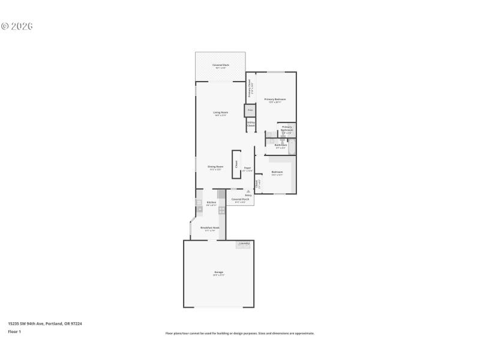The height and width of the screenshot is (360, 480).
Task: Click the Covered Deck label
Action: click(x=220, y=66)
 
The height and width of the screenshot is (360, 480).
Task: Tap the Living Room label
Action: click(x=220, y=113)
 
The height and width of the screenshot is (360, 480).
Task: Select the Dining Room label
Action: click(x=215, y=168)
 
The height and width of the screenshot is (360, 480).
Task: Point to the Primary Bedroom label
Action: click(x=275, y=100)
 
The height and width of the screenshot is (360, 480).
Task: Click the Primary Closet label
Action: click(x=250, y=88)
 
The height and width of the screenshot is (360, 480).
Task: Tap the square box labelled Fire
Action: click(x=250, y=110)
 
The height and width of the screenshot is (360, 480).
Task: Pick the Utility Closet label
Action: click(x=251, y=124)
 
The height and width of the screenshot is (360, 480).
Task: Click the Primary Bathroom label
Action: click(x=287, y=128)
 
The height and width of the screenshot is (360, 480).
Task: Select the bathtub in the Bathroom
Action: click(x=292, y=146)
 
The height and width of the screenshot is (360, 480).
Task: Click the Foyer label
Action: click(x=247, y=169)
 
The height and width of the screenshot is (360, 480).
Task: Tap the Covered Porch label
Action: click(x=240, y=200)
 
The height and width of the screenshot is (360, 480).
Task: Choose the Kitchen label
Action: click(x=211, y=203)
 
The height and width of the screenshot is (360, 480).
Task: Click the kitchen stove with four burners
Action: click(x=221, y=211)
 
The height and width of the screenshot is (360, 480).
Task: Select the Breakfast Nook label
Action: click(x=209, y=229)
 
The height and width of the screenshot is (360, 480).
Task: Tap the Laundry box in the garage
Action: click(x=244, y=244)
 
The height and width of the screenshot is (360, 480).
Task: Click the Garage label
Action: click(x=218, y=273)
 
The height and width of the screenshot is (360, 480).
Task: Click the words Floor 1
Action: click(x=14, y=331)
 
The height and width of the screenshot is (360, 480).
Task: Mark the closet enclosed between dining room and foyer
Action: click(x=236, y=164)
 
